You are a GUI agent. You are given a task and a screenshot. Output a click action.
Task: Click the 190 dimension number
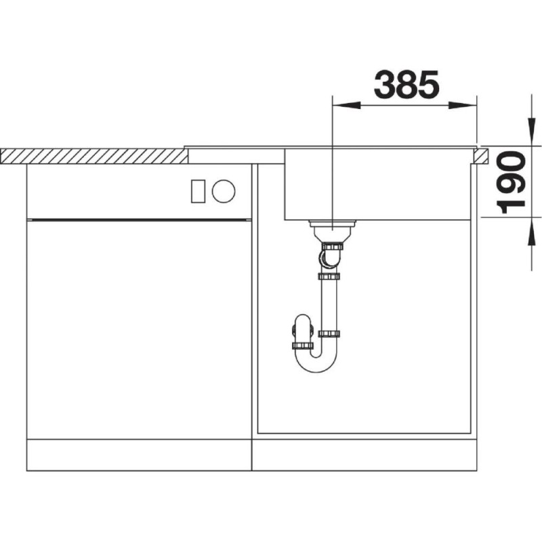[511, 182]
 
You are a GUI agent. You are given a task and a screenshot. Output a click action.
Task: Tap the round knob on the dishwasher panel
[224, 191]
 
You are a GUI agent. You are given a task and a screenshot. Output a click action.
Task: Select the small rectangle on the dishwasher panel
[198, 191]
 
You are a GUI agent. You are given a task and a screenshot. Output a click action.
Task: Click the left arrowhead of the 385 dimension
[346, 105]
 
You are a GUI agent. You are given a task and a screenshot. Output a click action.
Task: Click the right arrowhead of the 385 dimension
[463, 105]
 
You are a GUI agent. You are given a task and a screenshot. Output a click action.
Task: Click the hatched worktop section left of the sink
[94, 157]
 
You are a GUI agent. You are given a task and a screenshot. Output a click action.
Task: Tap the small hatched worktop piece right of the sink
[481, 157]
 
